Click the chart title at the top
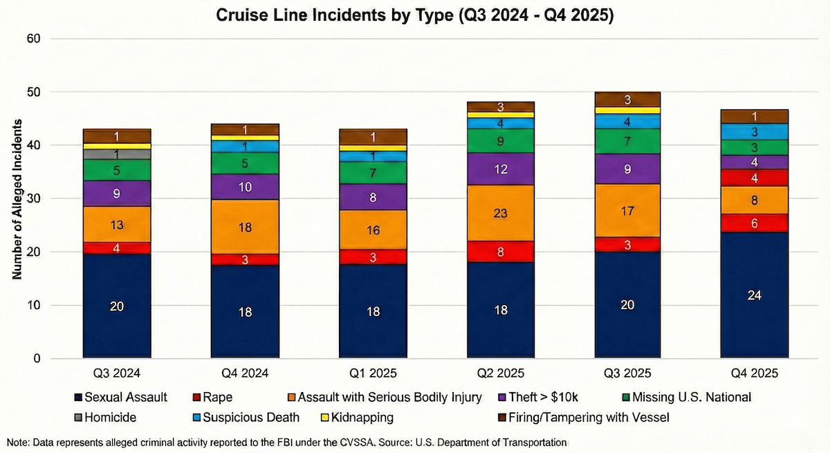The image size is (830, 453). point(414,15)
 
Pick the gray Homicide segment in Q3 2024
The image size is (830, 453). point(117,154)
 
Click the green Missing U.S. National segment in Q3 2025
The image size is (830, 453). point(628,141)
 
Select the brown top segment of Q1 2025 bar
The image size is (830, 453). point(373,137)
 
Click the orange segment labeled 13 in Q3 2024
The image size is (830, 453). point(117,224)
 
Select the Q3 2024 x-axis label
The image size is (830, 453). point(117,373)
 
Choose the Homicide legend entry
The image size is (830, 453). point(104,418)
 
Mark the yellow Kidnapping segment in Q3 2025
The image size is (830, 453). point(628,111)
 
